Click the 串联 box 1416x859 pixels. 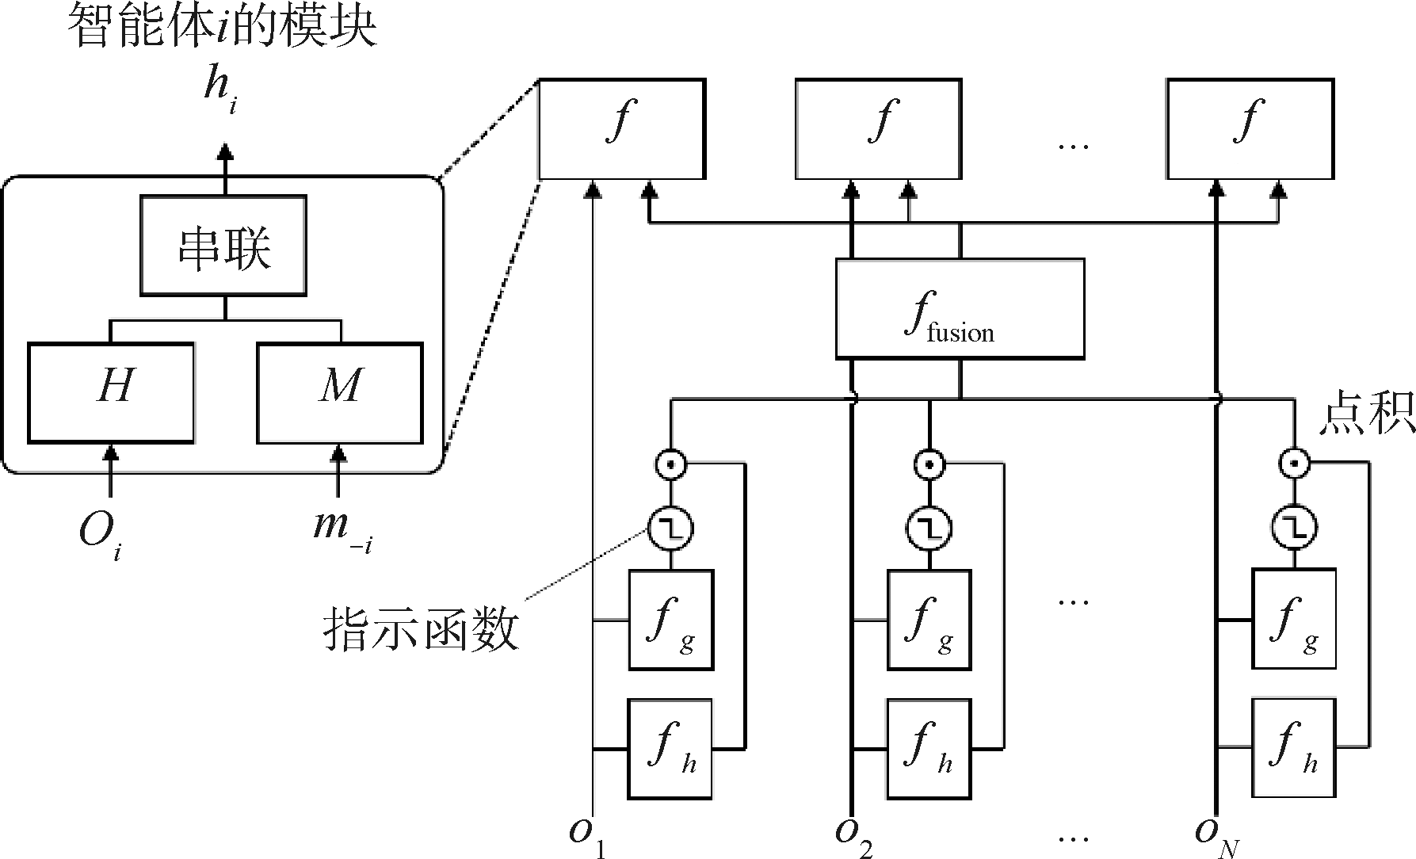[x=224, y=246]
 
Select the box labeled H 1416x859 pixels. [x=111, y=392]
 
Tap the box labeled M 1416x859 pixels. [x=339, y=392]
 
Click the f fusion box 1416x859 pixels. [x=960, y=308]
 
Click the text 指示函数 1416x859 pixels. [x=421, y=631]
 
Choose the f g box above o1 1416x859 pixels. [x=671, y=620]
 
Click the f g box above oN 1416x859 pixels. [x=1294, y=620]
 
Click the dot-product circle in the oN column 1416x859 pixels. [x=1294, y=463]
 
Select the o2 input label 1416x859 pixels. [x=853, y=837]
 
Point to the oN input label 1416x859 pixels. [x=1217, y=837]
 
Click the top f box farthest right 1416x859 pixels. [x=1250, y=128]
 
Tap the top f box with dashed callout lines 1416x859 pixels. [x=621, y=128]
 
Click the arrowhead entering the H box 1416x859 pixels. [x=111, y=452]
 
